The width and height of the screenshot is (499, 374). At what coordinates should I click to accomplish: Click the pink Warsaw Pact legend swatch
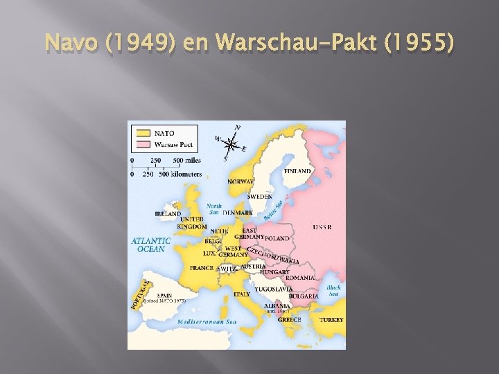[x=143, y=145]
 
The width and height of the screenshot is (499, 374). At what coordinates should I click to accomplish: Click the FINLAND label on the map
[x=297, y=170]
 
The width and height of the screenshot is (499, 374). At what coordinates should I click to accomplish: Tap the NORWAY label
[x=240, y=181]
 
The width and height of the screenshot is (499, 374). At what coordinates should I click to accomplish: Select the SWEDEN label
[x=260, y=197]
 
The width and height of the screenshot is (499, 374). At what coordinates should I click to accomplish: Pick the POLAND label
[x=277, y=238]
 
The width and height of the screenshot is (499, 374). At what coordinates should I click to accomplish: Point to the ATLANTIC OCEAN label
[x=150, y=244]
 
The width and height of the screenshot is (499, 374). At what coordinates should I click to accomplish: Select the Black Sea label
[x=333, y=290]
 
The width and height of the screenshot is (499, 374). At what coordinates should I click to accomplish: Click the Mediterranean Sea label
[x=207, y=322]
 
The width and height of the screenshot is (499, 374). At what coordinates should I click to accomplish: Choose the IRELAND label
[x=168, y=213]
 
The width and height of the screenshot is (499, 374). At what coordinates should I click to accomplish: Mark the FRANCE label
[x=202, y=268]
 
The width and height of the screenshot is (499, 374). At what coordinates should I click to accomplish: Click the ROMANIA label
[x=299, y=278]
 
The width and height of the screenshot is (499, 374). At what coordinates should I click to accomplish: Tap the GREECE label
[x=289, y=320]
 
